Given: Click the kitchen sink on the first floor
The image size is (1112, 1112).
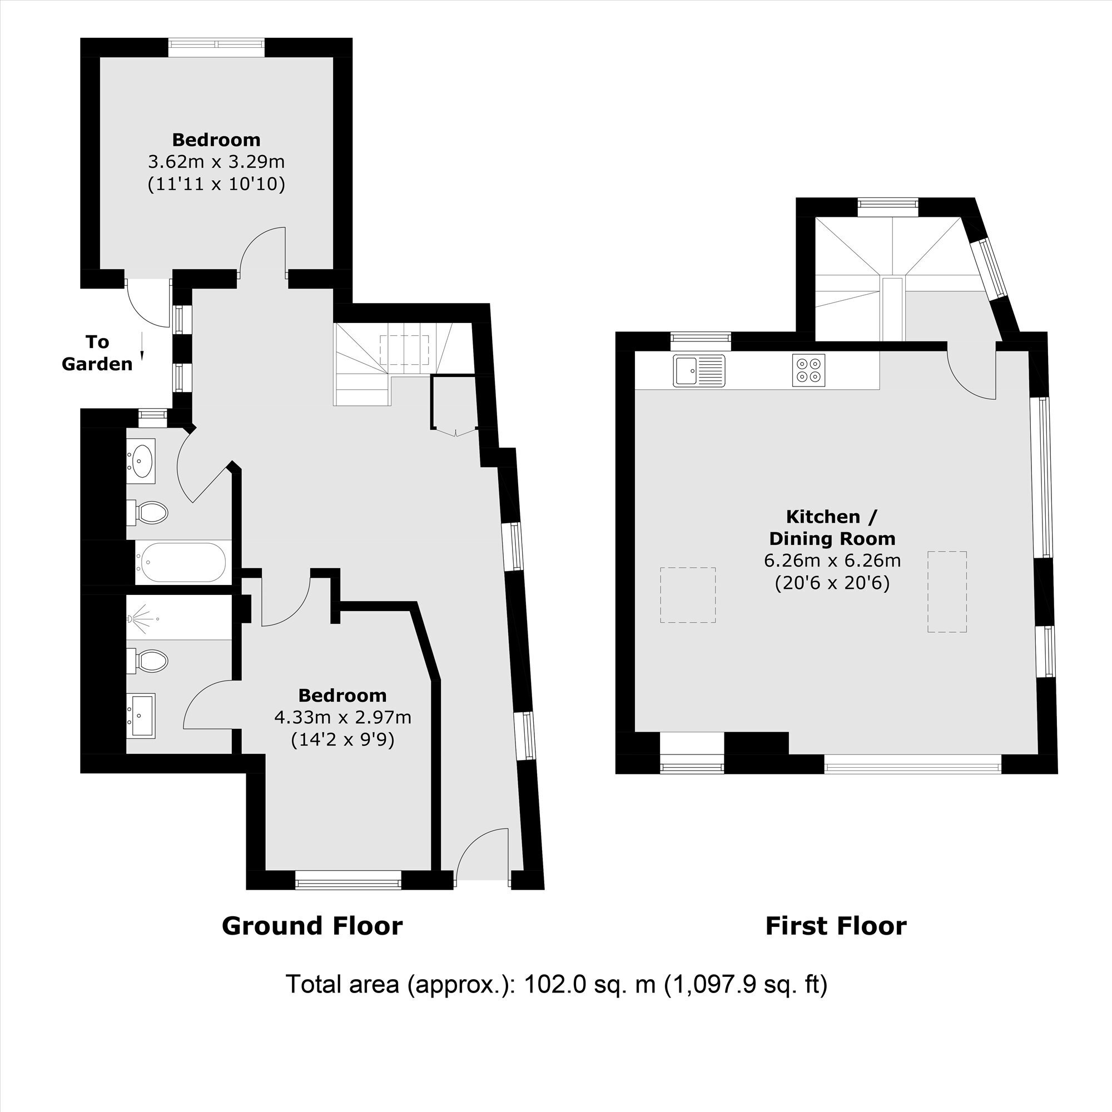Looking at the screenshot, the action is click(699, 371).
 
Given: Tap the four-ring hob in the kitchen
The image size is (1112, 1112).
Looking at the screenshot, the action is click(808, 370).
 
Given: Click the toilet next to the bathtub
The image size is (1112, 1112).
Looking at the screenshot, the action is click(147, 512).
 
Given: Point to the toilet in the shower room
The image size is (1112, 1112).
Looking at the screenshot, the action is click(147, 661).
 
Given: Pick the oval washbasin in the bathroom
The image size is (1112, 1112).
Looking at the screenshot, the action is click(141, 460).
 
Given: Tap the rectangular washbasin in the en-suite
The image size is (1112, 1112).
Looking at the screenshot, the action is click(141, 716).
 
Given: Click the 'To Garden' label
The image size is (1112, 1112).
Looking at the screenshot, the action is click(97, 353).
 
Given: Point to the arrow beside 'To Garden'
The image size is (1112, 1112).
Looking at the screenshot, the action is click(142, 346).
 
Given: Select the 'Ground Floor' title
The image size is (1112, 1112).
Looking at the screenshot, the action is click(312, 926).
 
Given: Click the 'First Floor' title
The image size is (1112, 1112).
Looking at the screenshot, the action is click(836, 926).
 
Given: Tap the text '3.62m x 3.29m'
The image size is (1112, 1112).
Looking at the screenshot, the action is click(216, 162).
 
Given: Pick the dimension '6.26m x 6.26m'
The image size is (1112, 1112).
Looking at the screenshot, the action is click(832, 560).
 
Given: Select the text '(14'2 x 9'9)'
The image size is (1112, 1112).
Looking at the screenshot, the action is click(342, 739).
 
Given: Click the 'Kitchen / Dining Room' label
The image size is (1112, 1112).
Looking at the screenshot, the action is click(832, 527).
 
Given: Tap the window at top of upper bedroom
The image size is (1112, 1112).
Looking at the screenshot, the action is click(217, 47).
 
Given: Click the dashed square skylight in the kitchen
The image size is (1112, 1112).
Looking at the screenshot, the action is click(688, 595).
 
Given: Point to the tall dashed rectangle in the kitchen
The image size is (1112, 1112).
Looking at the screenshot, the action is click(947, 592).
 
